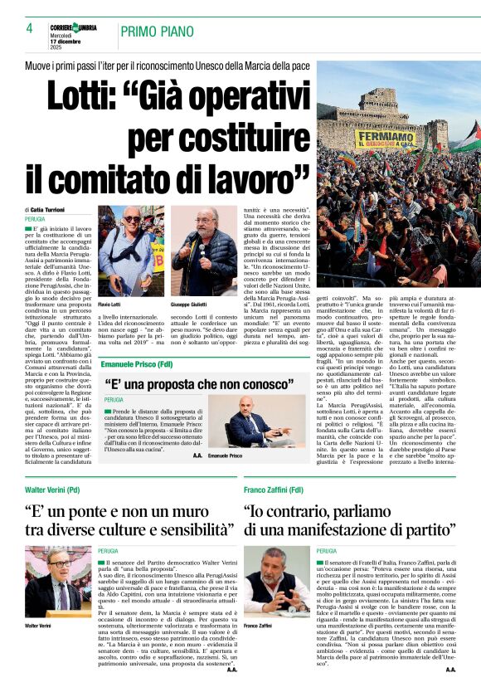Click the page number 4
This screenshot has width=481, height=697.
pos(29,28)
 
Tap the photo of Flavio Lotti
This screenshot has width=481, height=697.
pos(131,251)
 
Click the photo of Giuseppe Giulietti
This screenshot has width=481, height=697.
pos(204,251)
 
